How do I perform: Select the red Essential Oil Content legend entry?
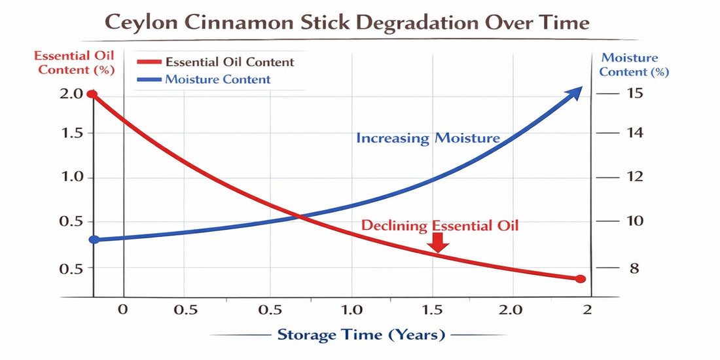coord(216,62)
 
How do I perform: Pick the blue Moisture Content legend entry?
coord(204,80)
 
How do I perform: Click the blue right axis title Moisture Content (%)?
coord(634,65)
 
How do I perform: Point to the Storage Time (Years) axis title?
coord(361,335)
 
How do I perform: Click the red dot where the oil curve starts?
coord(93,94)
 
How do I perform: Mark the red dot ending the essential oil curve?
coord(580,279)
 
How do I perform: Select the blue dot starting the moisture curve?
coord(94,240)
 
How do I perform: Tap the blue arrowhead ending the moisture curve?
coord(576,92)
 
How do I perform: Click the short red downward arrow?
coord(439,243)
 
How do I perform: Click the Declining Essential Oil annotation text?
coord(440,225)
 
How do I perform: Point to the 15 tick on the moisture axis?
coord(634,94)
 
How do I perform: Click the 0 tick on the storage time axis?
coord(122,310)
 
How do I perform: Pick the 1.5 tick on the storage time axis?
coord(431,310)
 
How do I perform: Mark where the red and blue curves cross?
coord(298,216)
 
